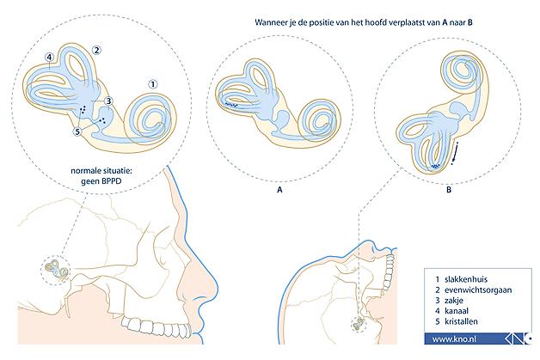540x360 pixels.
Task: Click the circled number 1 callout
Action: pos(153,84)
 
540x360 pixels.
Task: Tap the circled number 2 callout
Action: pos(96,50)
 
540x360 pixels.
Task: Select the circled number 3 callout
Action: pos(108,101)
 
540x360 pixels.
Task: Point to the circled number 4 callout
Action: pos(49,57)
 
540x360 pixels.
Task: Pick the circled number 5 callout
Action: pos(77,131)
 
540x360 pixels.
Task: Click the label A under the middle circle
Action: pos(279,190)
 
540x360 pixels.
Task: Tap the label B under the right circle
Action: pos(449,190)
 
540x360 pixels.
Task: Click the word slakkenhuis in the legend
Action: pos(466,279)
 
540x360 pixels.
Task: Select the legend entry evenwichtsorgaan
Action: pos(478,290)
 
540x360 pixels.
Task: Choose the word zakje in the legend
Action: pos(453,301)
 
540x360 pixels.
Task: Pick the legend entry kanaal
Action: pos(457,311)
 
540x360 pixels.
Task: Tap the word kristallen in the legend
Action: pos(461,321)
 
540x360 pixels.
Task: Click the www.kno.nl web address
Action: pos(454,339)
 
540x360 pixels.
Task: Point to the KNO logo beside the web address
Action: pos(519,339)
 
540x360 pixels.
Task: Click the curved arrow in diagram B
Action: pos(455,153)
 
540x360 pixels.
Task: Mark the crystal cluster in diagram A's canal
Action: pos(230,104)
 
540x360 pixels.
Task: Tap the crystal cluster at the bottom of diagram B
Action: pos(436,167)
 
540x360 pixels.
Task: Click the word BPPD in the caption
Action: pos(111,180)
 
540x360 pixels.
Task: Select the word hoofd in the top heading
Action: pos(361,22)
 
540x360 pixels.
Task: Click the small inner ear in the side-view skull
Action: pos(56,269)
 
